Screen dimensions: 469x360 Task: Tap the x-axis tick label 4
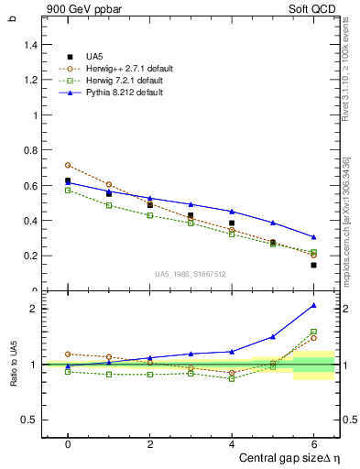[x=232, y=443]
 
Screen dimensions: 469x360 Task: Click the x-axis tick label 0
[x=68, y=443]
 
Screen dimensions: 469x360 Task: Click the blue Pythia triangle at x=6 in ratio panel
[x=313, y=305]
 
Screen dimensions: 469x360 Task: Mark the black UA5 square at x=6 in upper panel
[x=313, y=265]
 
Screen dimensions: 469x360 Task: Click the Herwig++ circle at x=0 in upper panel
[x=68, y=165]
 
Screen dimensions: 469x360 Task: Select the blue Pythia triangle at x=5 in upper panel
[x=273, y=223]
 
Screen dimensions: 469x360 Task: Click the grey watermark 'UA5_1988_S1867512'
[x=190, y=272]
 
